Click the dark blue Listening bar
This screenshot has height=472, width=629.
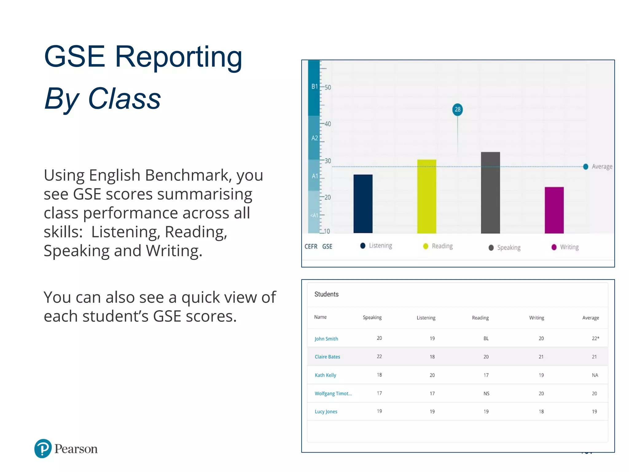(363, 204)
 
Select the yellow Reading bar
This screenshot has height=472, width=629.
(427, 196)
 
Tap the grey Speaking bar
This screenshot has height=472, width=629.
(490, 193)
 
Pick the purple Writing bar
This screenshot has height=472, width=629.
(554, 210)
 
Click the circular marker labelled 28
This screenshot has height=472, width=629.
(458, 109)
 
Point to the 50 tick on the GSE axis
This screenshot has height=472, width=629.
(327, 88)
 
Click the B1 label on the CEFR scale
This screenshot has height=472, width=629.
(314, 87)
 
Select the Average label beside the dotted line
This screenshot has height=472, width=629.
(602, 167)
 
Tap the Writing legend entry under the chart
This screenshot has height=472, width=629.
(569, 247)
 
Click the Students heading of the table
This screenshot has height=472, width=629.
(326, 294)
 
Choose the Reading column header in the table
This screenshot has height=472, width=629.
(480, 318)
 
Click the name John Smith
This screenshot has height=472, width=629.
(326, 339)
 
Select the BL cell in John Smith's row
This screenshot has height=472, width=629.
(486, 338)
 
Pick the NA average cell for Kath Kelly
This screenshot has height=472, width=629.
(595, 375)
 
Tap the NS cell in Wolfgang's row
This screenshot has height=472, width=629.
(486, 394)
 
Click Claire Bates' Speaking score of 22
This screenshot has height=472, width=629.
(379, 356)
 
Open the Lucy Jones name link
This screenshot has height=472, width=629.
(326, 412)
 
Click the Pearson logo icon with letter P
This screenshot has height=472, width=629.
(43, 449)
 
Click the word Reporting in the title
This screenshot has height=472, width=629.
(178, 57)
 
